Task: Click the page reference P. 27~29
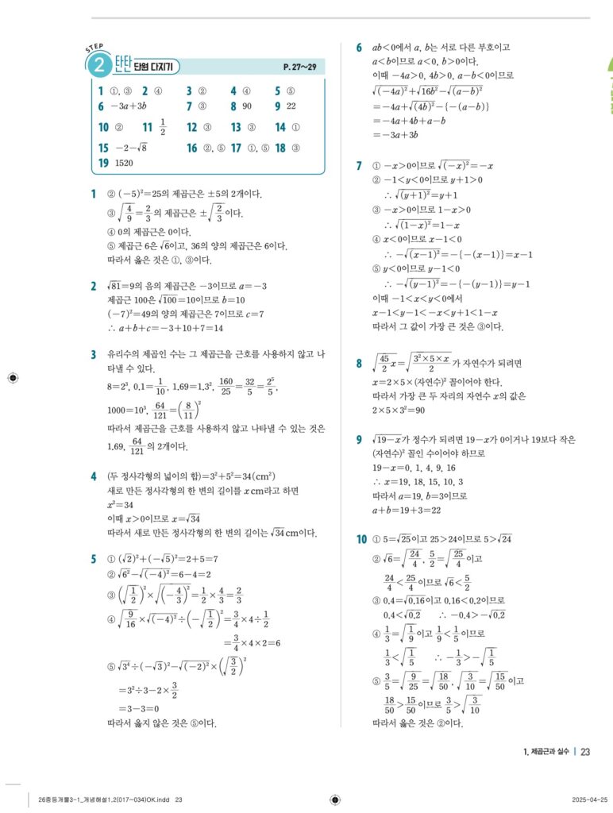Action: [299, 67]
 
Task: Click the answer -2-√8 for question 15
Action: [129, 148]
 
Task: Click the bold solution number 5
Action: [94, 558]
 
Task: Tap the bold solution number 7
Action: [360, 165]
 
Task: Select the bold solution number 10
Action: [361, 540]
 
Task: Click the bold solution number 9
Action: [360, 439]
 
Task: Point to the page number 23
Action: [585, 751]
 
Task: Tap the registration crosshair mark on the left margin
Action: [11, 378]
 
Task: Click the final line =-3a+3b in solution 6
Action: [398, 135]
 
